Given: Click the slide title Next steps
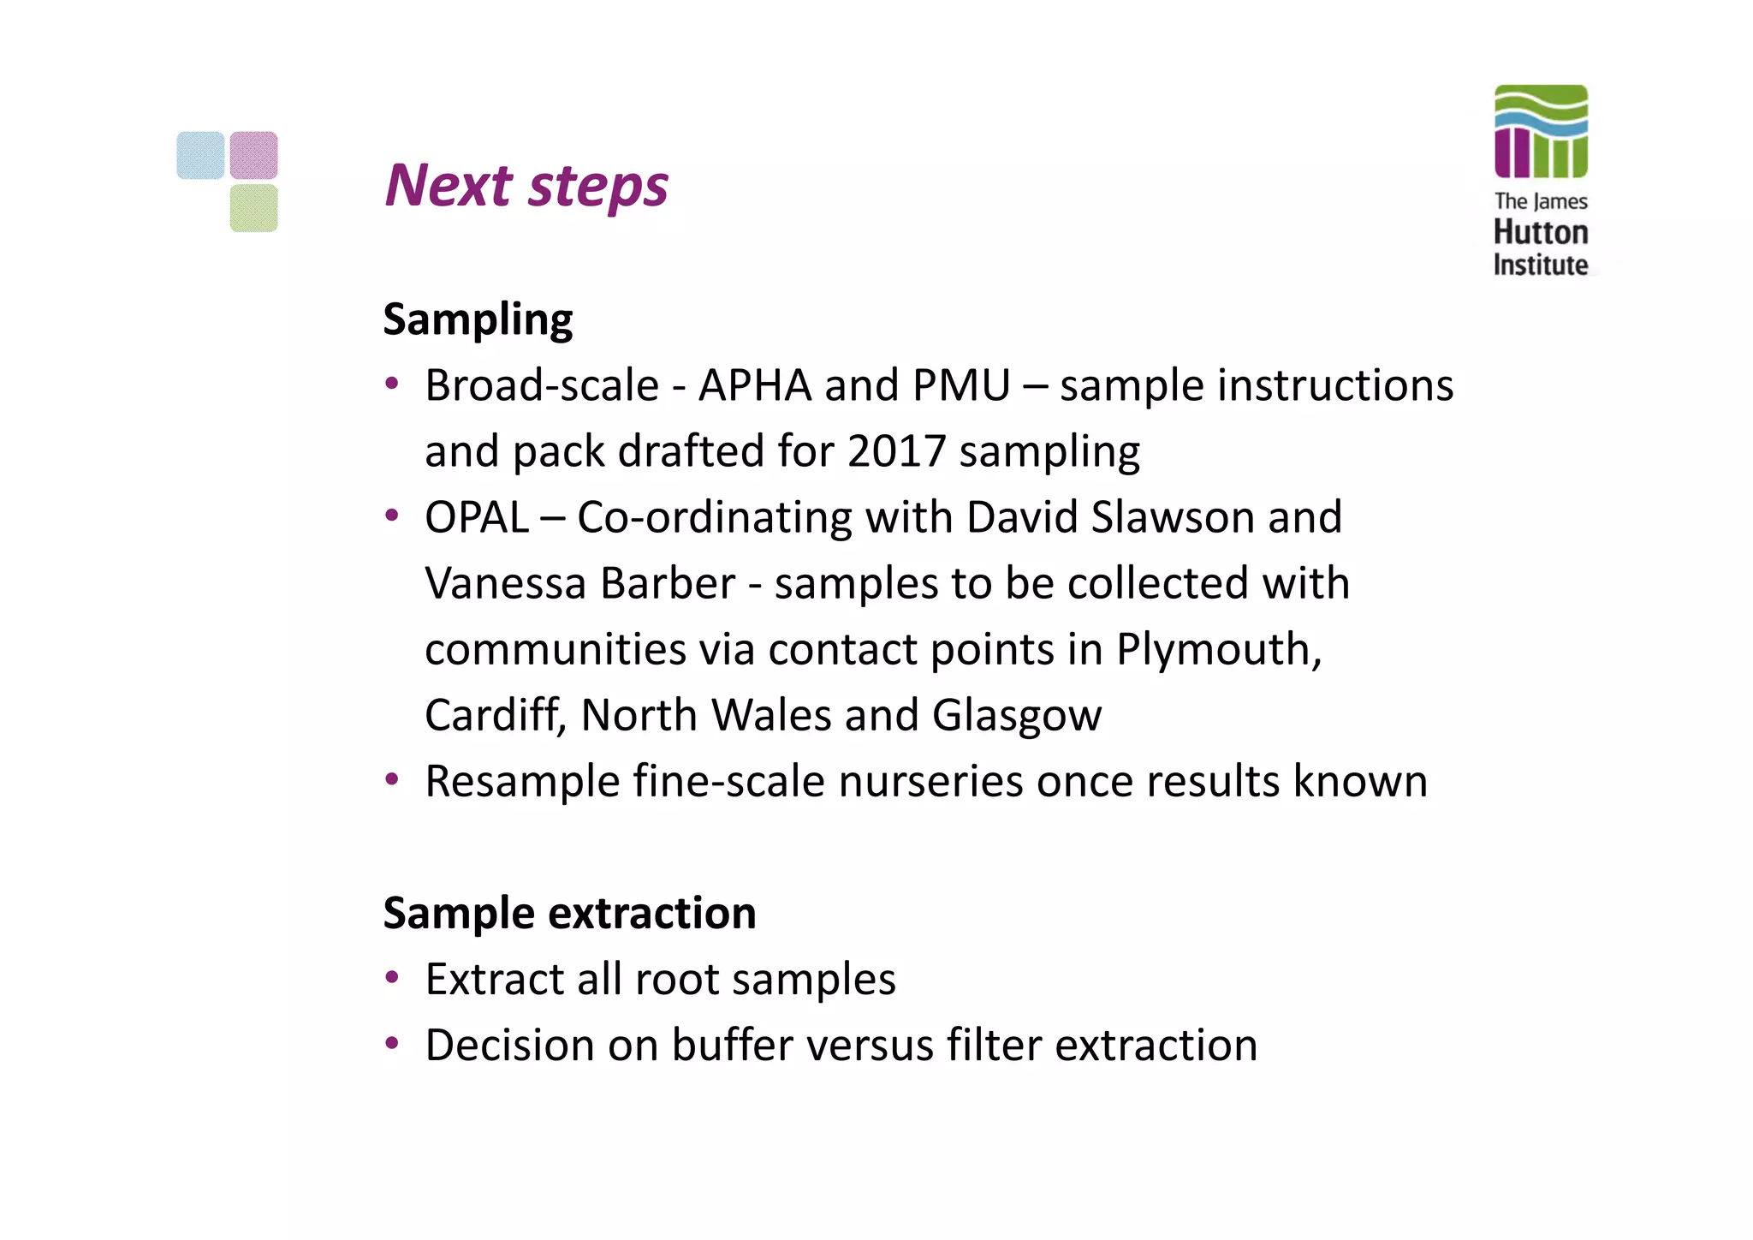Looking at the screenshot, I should point(526,186).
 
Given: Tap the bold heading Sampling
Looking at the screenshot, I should point(478,320).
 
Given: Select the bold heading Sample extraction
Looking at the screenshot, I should point(569,913).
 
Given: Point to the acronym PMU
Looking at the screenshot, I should point(961,385).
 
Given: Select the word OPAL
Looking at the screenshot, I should point(477,518).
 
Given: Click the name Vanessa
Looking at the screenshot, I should point(506,584).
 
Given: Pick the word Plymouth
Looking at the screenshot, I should point(1218,650).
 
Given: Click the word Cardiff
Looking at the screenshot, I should point(495,715).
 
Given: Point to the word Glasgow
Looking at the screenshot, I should point(1016,716).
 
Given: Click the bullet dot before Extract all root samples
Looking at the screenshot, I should point(392,977).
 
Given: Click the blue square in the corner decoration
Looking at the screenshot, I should point(200,155).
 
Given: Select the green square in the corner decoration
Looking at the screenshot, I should point(253,208).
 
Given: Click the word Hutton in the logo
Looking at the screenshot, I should point(1540,232).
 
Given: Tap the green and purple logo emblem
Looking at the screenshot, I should point(1540,131).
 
